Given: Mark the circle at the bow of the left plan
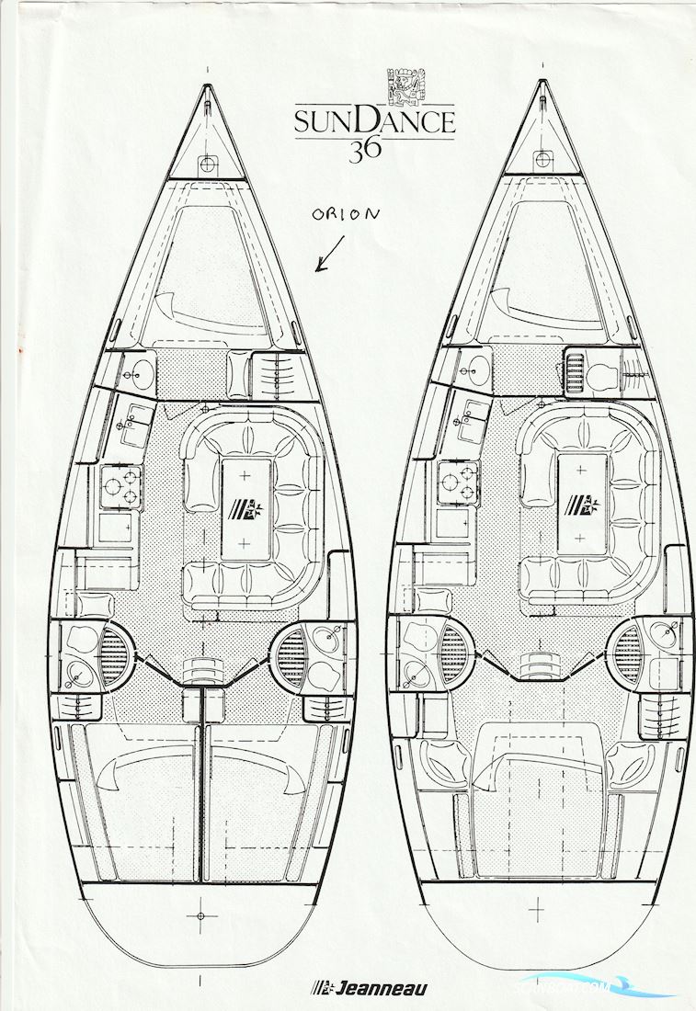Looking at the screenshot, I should coord(209,164).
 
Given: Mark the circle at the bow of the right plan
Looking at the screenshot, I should coord(542,158).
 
